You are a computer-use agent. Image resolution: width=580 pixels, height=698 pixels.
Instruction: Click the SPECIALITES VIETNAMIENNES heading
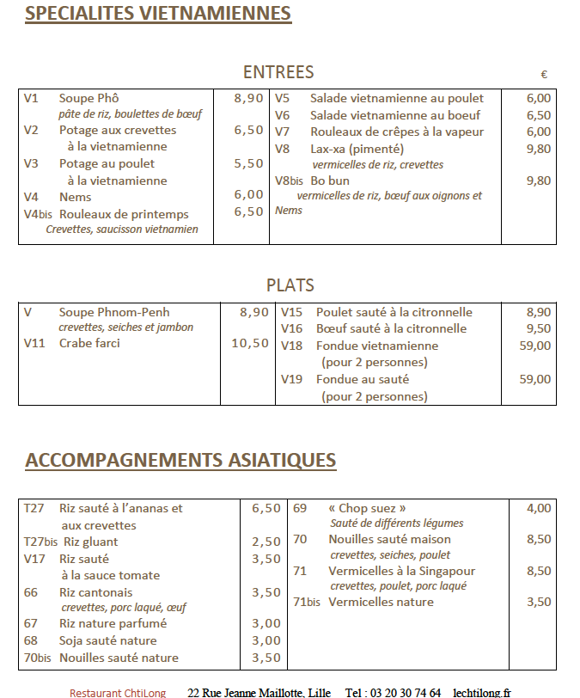tap(157, 14)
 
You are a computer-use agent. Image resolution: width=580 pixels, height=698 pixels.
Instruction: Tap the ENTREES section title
tap(278, 72)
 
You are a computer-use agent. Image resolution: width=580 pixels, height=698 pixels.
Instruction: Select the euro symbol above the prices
tap(544, 75)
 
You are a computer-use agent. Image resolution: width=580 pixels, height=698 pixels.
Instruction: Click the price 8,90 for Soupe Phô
tap(248, 98)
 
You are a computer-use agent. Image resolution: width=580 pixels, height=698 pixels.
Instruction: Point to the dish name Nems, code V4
tap(76, 197)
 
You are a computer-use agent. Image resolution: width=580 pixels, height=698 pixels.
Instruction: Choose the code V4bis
tap(38, 214)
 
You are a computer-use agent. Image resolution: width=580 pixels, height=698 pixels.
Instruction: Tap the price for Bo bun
tap(538, 181)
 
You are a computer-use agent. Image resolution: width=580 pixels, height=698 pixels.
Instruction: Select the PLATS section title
tap(290, 285)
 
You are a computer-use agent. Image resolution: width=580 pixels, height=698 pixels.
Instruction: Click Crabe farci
tap(89, 344)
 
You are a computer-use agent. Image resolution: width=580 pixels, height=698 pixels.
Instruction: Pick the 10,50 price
tap(250, 344)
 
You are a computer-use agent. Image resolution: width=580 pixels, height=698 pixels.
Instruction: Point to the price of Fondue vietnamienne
tap(535, 346)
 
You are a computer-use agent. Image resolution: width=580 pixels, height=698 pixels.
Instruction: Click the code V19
tap(292, 379)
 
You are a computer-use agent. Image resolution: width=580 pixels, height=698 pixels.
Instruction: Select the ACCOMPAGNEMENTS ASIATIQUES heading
tap(180, 460)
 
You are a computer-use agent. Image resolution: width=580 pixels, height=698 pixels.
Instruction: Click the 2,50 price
tap(266, 542)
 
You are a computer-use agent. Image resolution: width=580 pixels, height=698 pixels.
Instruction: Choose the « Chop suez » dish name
tap(368, 508)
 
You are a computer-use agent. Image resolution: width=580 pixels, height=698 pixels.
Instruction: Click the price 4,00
tap(539, 508)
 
